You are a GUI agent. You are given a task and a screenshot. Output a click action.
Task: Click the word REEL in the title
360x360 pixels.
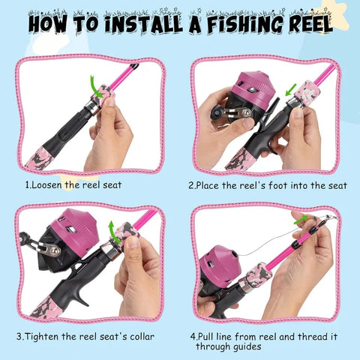pos(311,25)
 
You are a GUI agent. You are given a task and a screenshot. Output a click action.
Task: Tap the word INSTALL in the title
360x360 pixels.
pos(143,25)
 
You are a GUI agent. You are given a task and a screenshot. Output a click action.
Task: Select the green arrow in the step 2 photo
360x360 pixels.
pos(291,90)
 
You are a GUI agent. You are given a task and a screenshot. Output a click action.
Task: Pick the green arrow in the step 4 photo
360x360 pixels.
pos(301,220)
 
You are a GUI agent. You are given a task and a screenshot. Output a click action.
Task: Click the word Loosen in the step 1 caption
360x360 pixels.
pos(46,185)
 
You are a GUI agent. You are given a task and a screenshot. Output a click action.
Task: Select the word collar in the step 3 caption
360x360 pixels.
pos(142,337)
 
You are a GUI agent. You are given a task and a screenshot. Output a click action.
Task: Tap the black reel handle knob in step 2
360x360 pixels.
pos(215,112)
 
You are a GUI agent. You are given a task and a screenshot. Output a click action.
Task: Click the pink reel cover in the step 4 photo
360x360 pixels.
pos(220,263)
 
